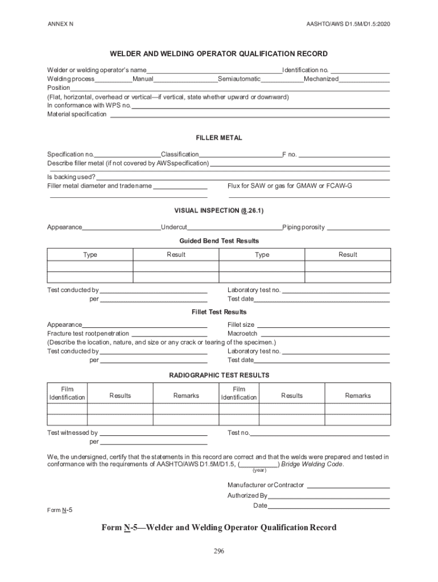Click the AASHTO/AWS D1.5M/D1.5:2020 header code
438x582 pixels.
(x=348, y=24)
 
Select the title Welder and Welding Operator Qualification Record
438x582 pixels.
(x=218, y=54)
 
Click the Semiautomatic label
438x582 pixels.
(x=239, y=79)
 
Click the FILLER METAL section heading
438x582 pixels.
(x=219, y=138)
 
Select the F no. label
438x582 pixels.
(x=290, y=155)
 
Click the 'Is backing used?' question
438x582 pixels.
(x=71, y=177)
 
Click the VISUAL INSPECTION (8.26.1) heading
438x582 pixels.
(x=219, y=210)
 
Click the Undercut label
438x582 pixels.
(x=174, y=227)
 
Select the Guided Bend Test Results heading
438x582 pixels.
(x=219, y=241)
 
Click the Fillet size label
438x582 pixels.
(x=241, y=325)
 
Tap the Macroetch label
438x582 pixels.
(x=242, y=334)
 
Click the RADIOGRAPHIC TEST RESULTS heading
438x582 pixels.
(x=219, y=375)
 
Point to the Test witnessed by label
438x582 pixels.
(x=72, y=433)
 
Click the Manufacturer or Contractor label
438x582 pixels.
(x=266, y=485)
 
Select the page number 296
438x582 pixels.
(x=219, y=551)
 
